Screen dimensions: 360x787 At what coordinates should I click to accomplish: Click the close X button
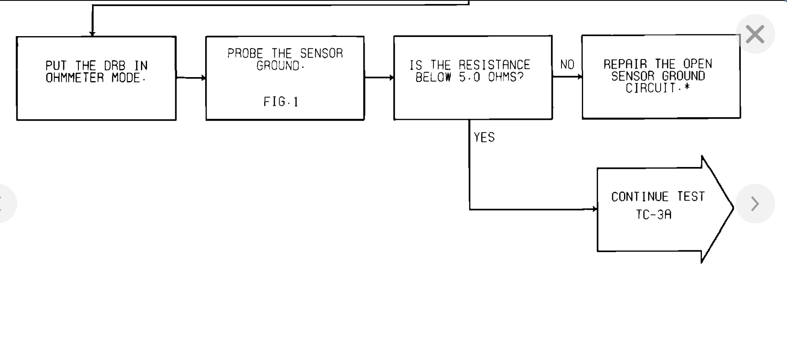[x=755, y=34]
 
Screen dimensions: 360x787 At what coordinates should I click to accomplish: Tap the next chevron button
[x=755, y=204]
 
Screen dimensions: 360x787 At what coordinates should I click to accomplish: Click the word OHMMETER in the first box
[x=75, y=78]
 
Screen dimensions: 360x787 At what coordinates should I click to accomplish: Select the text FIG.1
[x=281, y=102]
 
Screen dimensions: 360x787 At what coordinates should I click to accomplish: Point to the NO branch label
[x=567, y=65]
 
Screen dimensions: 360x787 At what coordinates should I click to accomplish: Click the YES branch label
[x=484, y=137]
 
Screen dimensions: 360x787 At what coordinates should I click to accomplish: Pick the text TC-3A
[x=654, y=215]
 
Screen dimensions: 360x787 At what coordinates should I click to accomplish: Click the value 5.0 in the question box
[x=469, y=77]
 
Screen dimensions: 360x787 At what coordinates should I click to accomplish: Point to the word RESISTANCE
[x=494, y=65]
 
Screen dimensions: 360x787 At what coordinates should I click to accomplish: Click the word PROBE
[x=245, y=54]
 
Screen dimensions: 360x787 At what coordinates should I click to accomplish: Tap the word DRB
[x=115, y=66]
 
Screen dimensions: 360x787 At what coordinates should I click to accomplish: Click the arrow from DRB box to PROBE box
[x=191, y=78]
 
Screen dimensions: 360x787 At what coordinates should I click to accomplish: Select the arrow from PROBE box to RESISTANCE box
[x=379, y=78]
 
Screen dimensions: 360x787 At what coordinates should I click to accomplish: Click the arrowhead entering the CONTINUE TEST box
[x=595, y=209]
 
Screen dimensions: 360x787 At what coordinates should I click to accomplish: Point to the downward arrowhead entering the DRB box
[x=92, y=33]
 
